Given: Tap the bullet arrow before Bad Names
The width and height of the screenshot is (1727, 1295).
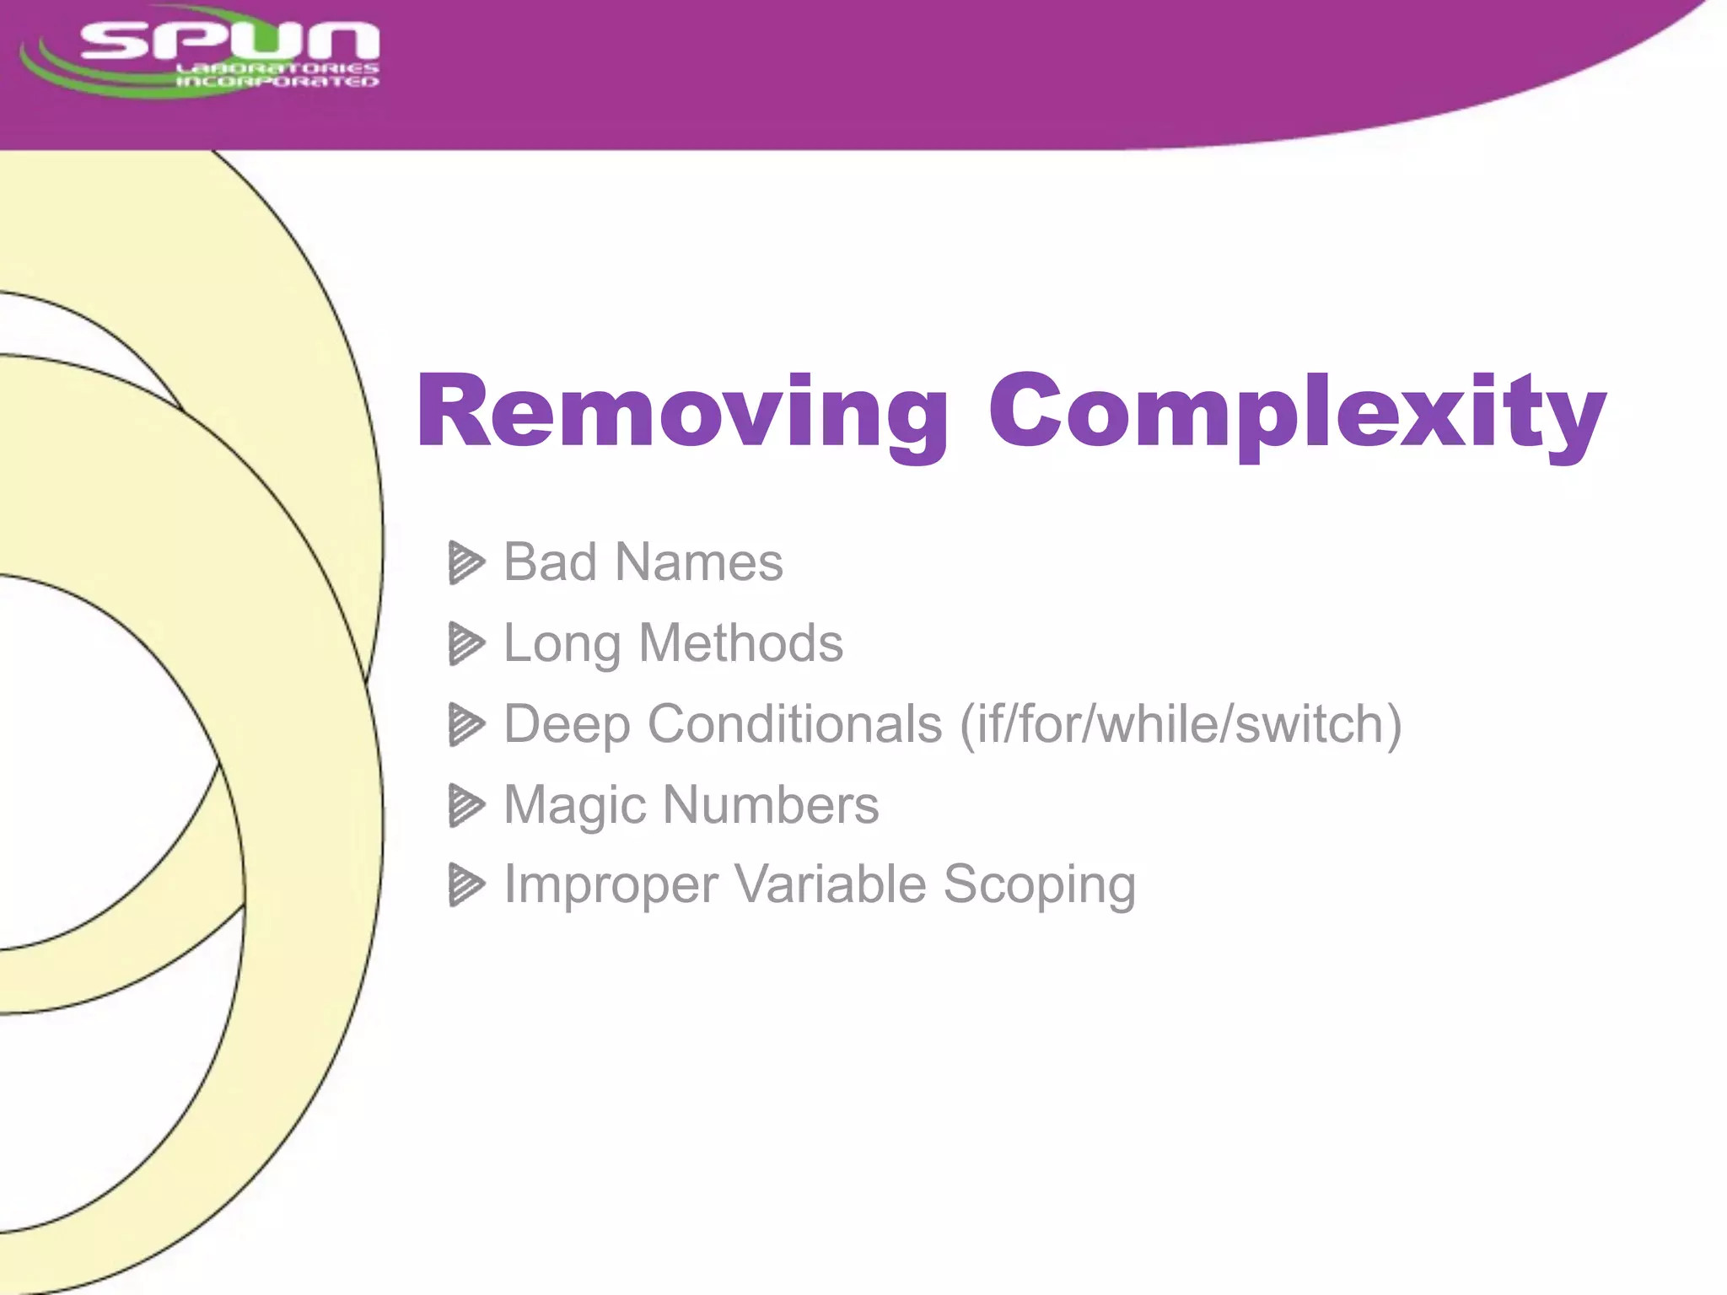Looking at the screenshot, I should [465, 563].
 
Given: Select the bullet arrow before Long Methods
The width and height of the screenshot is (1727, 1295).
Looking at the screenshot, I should [465, 644].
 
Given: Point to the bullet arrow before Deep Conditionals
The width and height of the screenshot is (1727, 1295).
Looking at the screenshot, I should [465, 725].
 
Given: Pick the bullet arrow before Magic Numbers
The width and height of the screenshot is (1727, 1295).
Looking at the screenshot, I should [465, 805].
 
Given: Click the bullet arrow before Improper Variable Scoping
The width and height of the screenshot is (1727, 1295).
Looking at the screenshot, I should [465, 885].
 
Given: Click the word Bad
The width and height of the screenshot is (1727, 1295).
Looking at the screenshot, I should [551, 562].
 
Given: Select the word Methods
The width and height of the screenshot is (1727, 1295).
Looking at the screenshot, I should [740, 643].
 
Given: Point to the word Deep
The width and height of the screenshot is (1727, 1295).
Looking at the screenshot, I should [567, 724].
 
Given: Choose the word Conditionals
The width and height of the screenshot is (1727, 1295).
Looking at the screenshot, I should [794, 724].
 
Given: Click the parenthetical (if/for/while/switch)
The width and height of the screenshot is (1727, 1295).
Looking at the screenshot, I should [1181, 724].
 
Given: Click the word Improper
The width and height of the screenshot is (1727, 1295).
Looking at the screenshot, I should [611, 885].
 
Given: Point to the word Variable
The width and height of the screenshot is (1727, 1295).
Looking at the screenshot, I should [831, 884].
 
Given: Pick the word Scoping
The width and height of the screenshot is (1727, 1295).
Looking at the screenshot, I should [1039, 885].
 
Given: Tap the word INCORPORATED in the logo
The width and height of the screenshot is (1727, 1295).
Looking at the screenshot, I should [277, 82].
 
